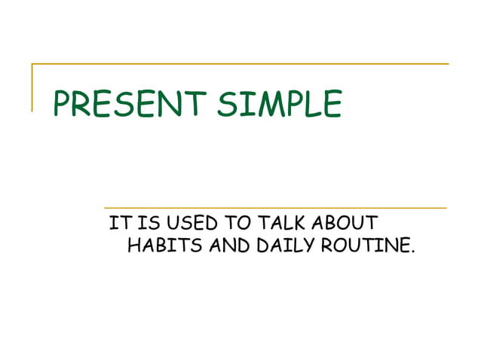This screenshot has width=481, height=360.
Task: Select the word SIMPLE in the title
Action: (279, 104)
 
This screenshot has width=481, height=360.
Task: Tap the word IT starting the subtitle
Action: (118, 224)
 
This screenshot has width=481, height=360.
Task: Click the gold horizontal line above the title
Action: (241, 64)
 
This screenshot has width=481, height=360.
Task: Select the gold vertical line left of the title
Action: (32, 87)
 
